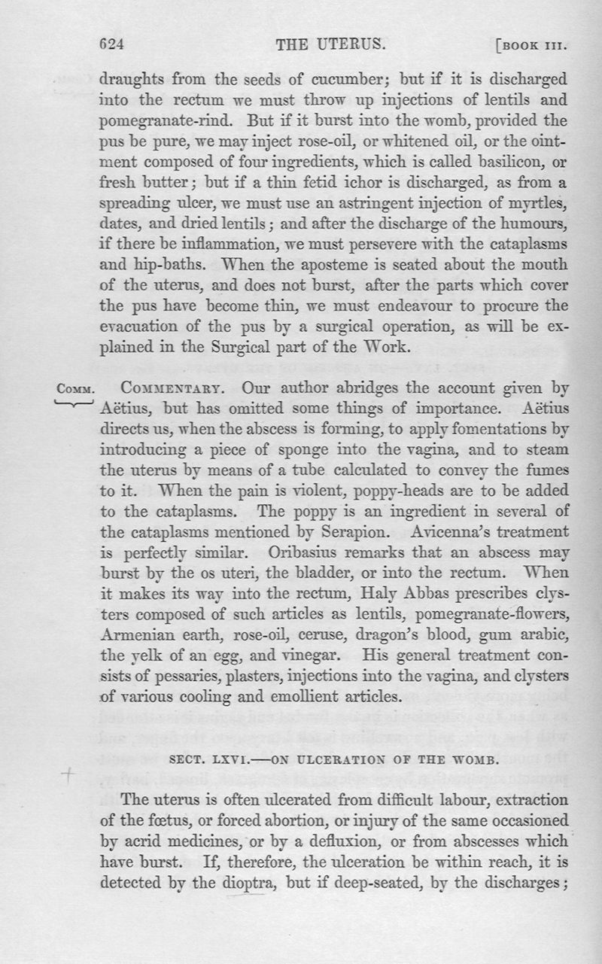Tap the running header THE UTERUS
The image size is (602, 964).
point(331,44)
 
